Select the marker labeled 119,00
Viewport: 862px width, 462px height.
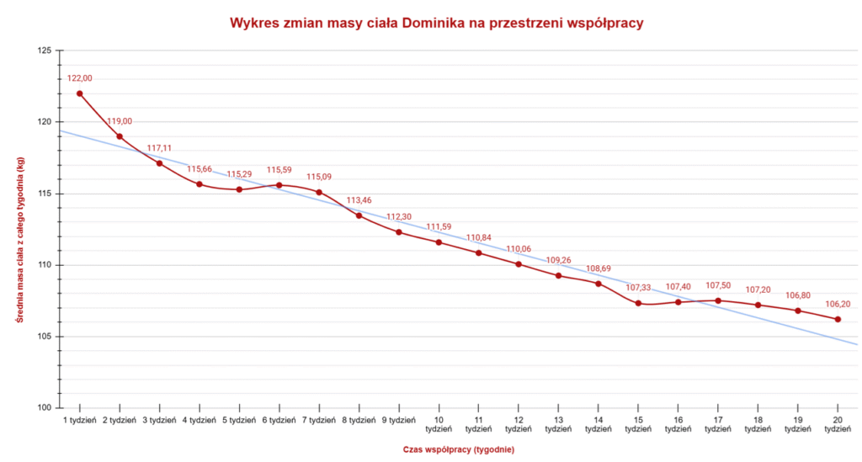pos(120,136)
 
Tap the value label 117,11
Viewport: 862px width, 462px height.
pos(159,148)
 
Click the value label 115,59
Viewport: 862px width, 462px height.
pos(279,170)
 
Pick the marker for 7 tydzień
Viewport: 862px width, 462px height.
pos(319,192)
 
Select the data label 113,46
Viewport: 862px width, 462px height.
pos(359,200)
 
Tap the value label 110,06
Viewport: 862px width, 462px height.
pos(519,249)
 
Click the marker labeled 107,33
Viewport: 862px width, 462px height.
pos(638,303)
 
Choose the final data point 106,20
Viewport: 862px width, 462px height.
pos(838,319)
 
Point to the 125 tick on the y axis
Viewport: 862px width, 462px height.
pos(44,50)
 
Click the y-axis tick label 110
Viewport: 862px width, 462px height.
pos(44,265)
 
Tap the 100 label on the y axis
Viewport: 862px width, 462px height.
pos(44,408)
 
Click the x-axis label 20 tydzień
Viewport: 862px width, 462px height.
pos(838,424)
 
